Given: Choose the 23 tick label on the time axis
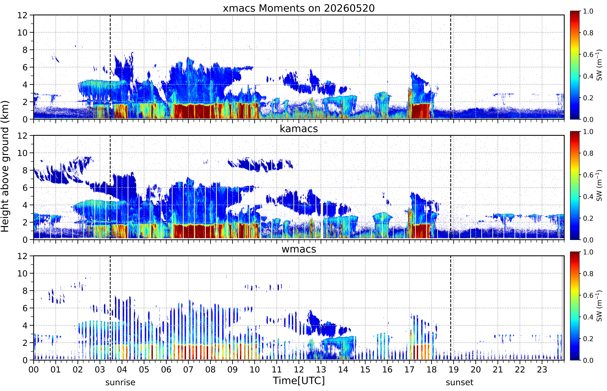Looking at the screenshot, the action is tap(542, 369).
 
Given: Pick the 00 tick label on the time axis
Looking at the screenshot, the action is tap(34, 369).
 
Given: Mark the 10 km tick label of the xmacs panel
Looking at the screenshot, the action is tap(22, 33).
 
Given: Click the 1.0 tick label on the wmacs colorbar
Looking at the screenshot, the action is tap(588, 252).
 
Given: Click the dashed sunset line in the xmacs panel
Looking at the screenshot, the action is tap(451, 67).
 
